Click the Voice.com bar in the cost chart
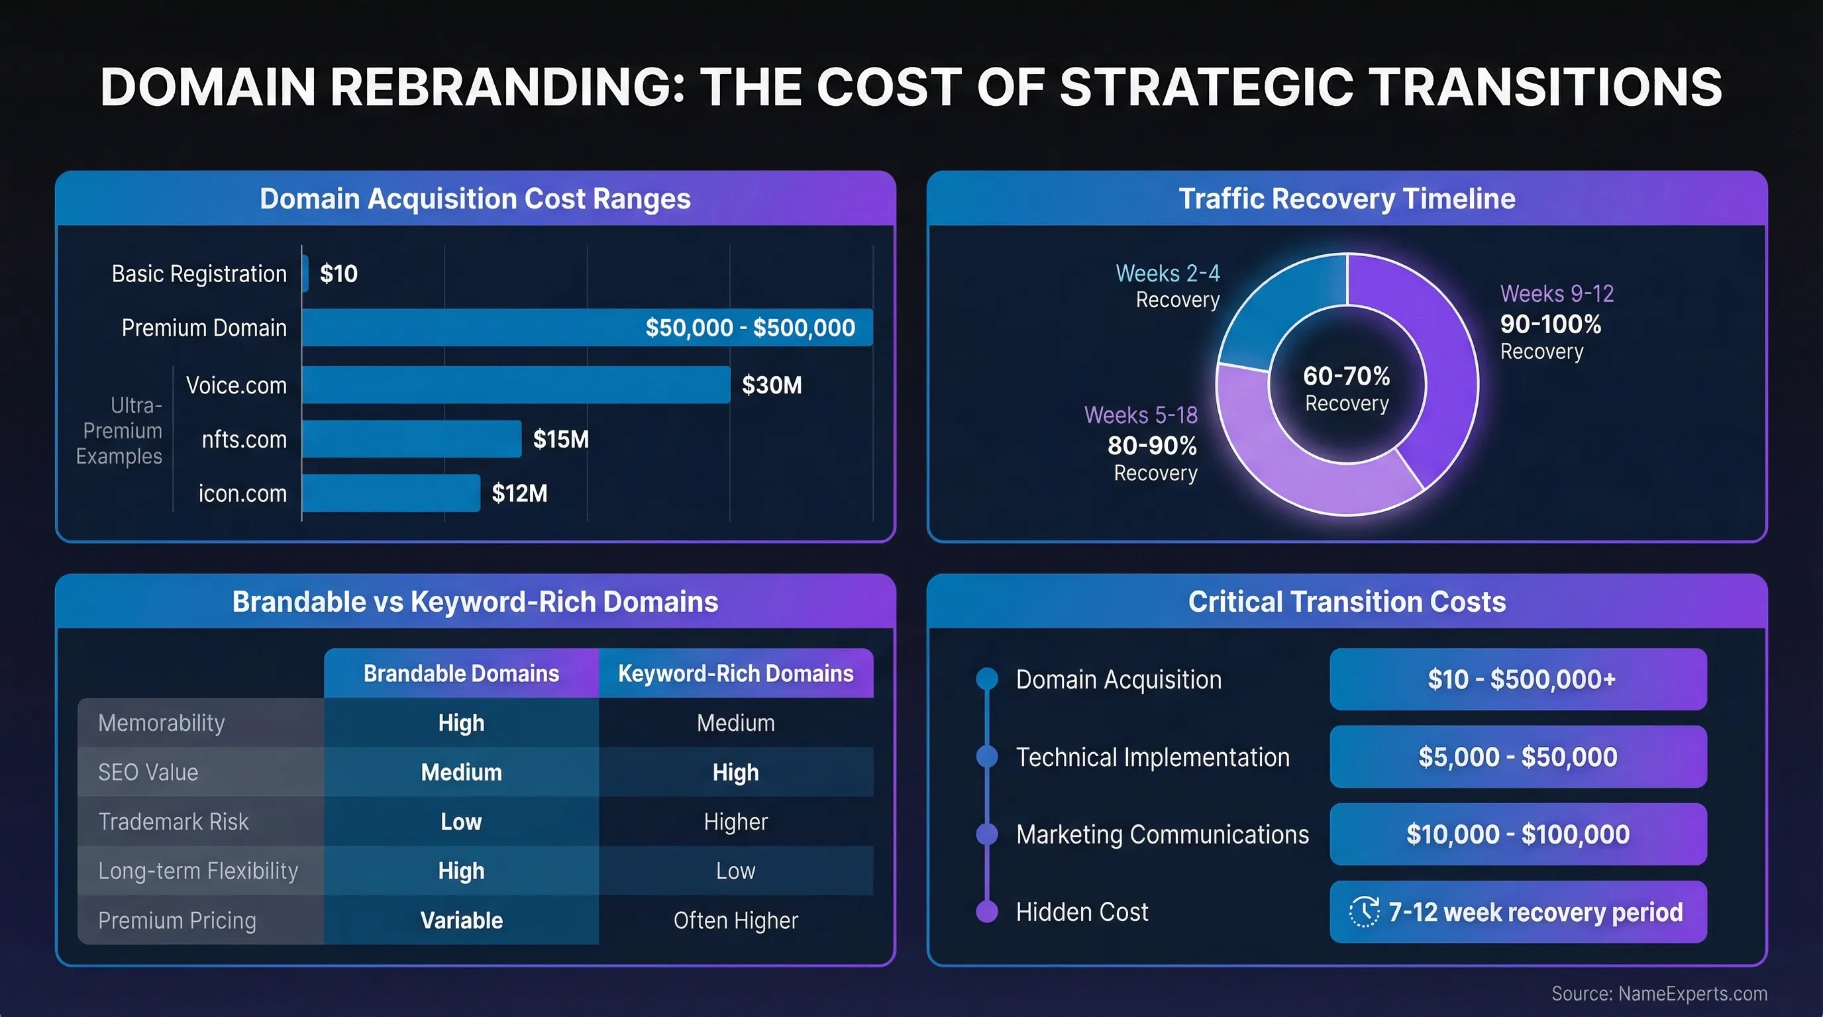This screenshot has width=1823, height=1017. [x=516, y=385]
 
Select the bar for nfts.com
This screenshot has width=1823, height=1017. [x=411, y=438]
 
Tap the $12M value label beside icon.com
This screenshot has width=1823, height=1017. [x=519, y=493]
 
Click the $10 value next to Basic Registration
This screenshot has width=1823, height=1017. [x=339, y=273]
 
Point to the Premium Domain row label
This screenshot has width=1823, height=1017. [x=204, y=328]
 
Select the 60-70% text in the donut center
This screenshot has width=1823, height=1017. [x=1346, y=375]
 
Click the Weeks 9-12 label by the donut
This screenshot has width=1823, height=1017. [x=1556, y=293]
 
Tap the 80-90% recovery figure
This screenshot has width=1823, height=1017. [x=1151, y=446]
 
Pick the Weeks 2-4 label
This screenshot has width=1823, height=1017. [x=1167, y=273]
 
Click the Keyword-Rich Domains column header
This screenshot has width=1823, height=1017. [x=735, y=673]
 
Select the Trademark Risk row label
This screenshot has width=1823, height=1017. [x=174, y=821]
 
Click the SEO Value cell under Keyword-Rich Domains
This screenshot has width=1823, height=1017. [x=735, y=772]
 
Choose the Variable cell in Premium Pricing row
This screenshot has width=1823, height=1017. [x=462, y=920]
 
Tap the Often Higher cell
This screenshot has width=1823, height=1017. [x=735, y=920]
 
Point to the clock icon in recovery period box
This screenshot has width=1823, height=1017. [x=1364, y=912]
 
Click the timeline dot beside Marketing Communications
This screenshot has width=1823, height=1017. [x=986, y=834]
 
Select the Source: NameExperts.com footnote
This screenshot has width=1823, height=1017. [x=1659, y=994]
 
